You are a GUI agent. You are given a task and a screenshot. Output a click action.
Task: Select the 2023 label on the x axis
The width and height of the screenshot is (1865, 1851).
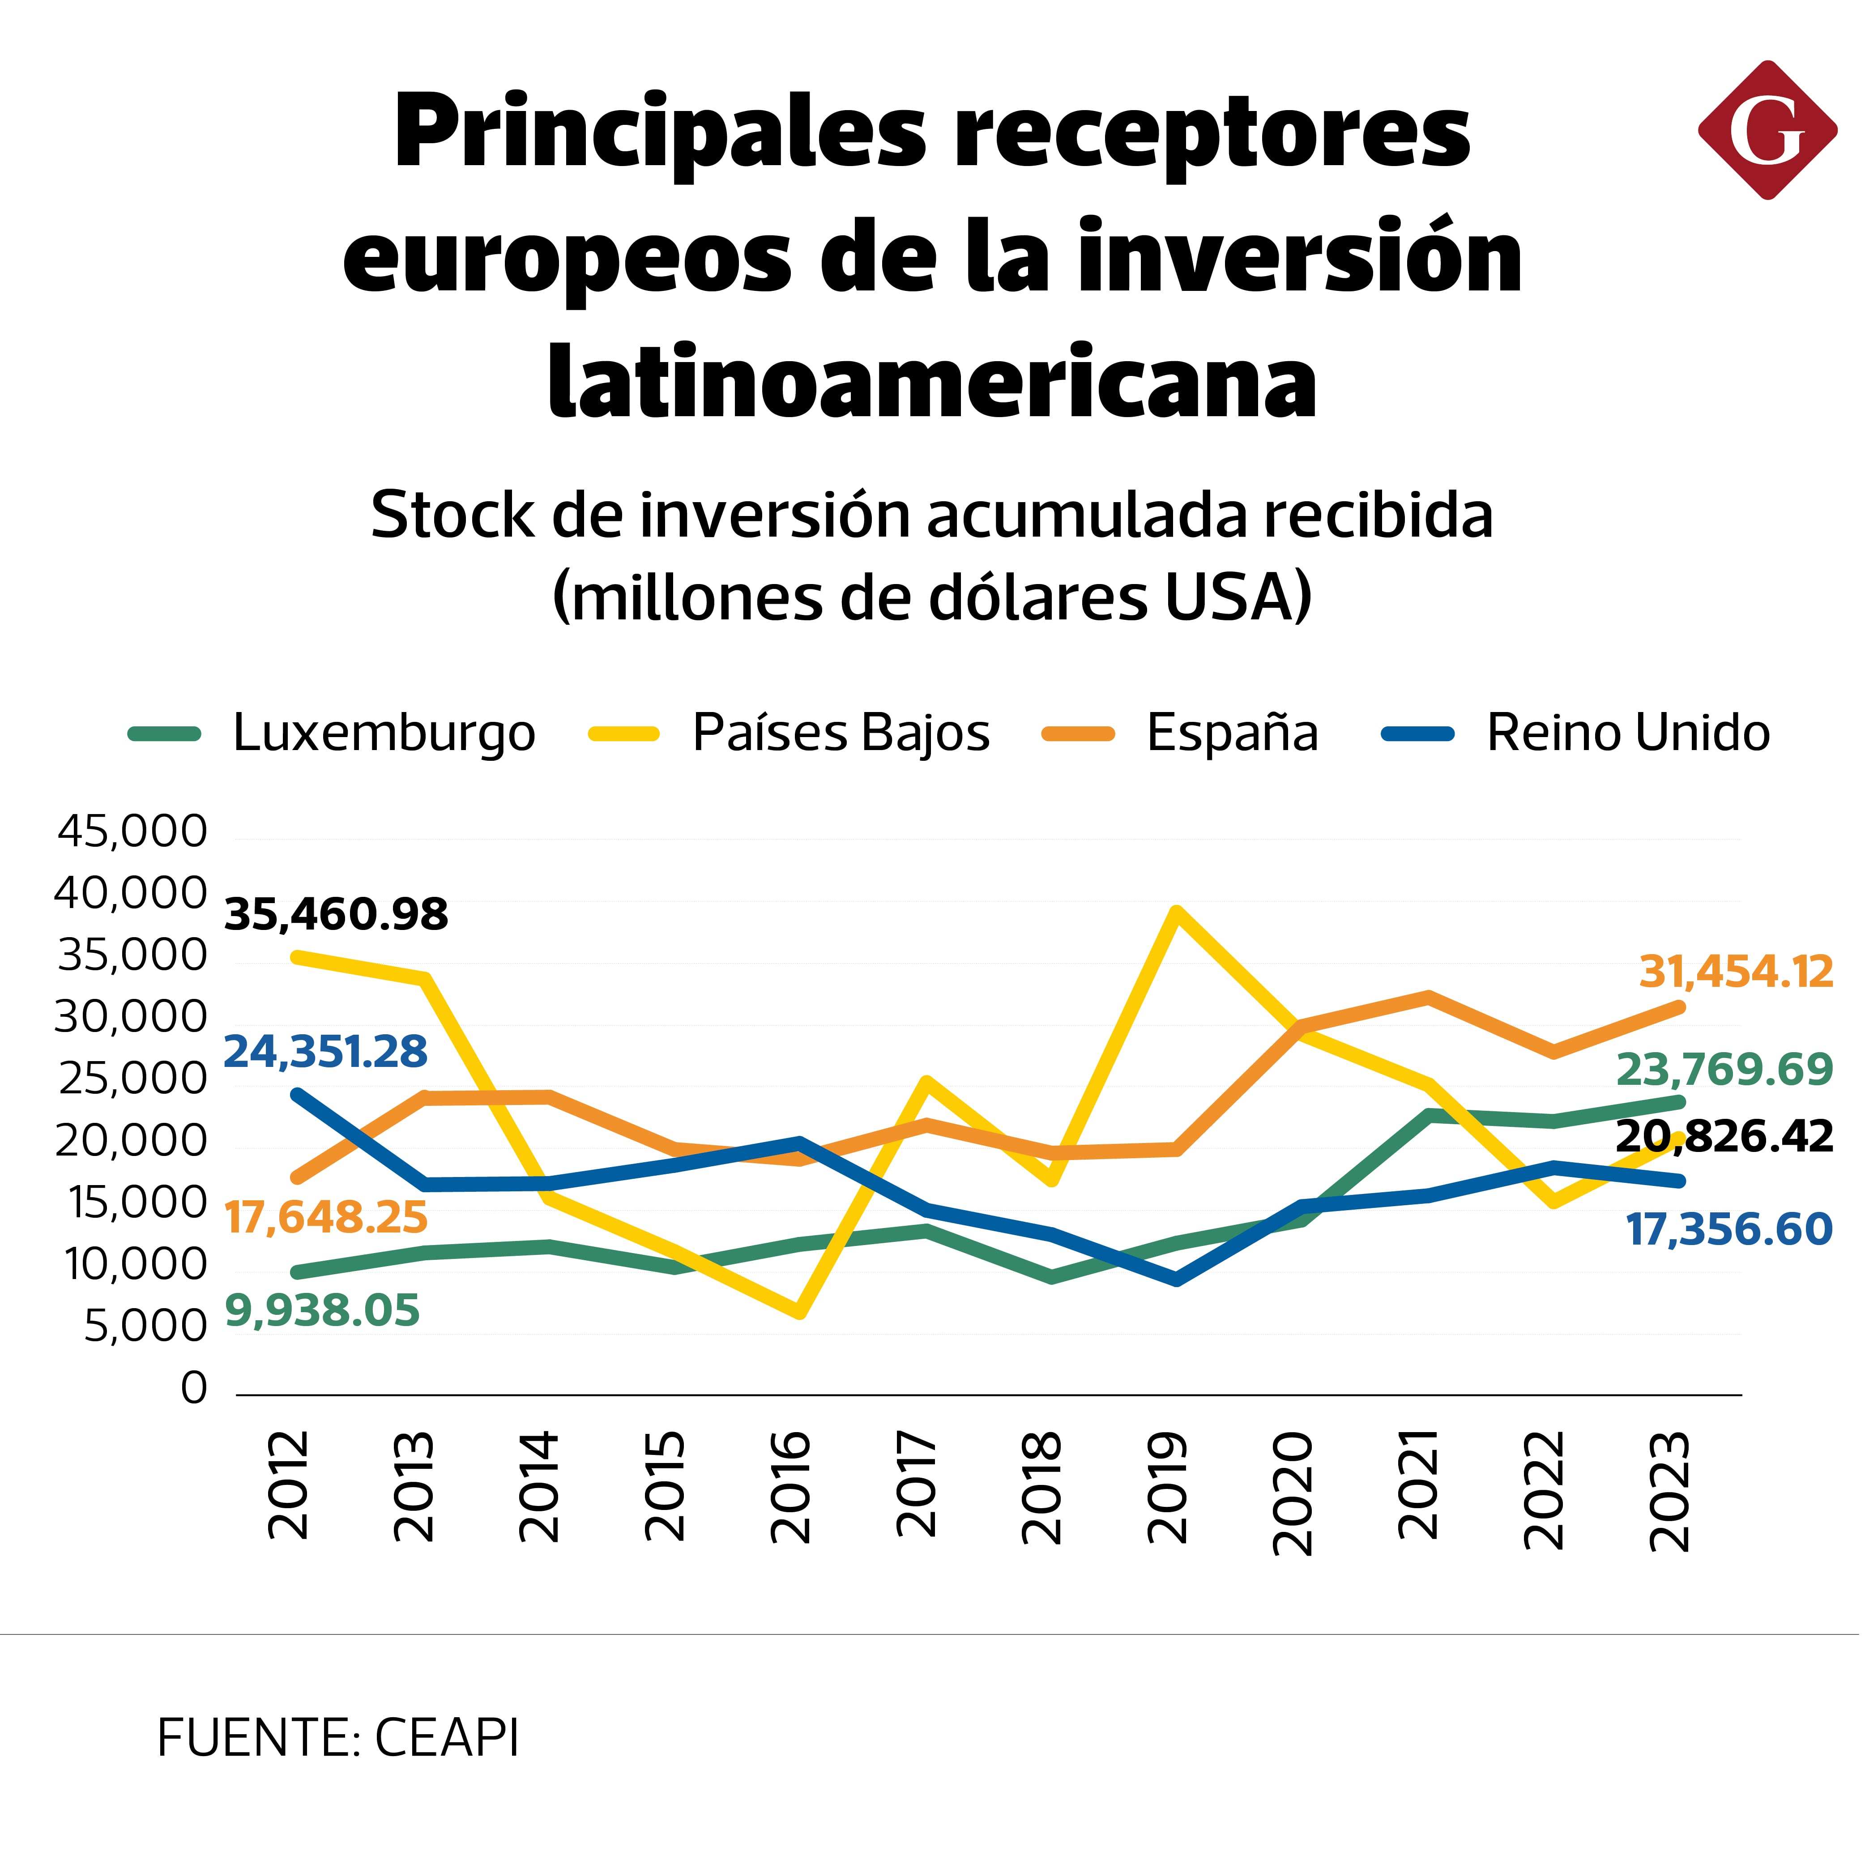1670,1491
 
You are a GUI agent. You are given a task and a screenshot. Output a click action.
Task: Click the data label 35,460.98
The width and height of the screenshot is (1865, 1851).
336,914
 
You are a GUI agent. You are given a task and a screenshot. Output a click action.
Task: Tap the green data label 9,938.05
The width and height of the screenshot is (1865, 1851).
322,1310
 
